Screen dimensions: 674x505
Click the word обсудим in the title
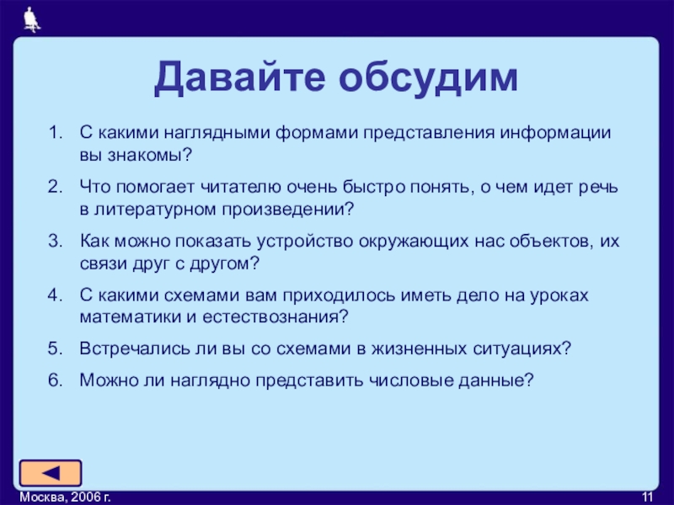click(428, 77)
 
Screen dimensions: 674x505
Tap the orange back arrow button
click(51, 473)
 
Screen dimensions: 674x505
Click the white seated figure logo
click(31, 19)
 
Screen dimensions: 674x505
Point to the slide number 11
click(647, 497)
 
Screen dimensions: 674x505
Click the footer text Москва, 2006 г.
click(66, 497)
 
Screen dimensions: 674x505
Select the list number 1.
click(56, 133)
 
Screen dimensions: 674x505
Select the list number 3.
click(55, 241)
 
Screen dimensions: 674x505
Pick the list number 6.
click(55, 380)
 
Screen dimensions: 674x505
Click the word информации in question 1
click(555, 133)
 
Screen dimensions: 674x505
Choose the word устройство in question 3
click(305, 242)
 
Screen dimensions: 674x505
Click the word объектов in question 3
click(548, 242)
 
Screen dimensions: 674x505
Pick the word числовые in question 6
click(410, 380)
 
